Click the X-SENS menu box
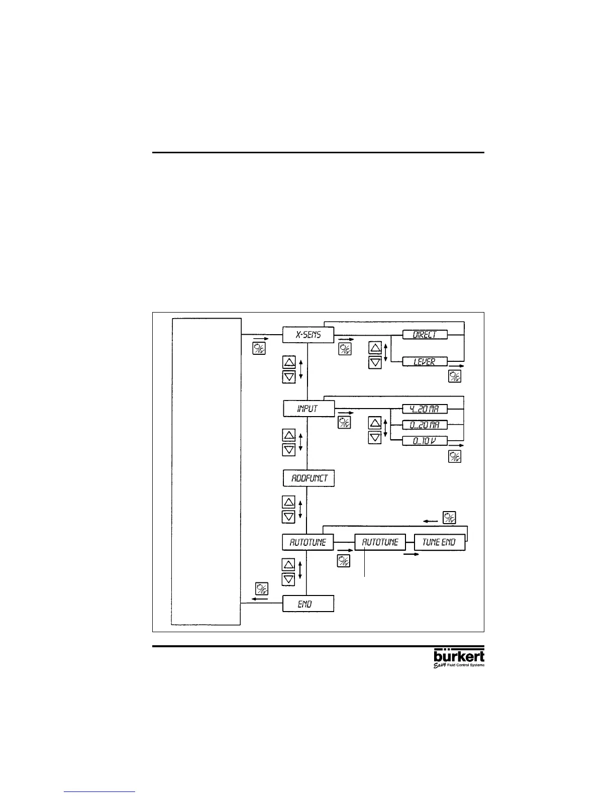click(308, 335)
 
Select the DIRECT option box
click(425, 335)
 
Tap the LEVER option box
click(425, 361)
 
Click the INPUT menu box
click(308, 409)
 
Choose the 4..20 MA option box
click(425, 409)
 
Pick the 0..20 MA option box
click(425, 425)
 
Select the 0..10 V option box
click(425, 441)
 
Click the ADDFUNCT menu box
click(309, 478)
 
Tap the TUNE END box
click(439, 542)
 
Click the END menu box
click(308, 604)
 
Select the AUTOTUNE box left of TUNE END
click(380, 542)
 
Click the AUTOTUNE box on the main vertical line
click(308, 542)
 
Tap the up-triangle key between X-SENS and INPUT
click(289, 363)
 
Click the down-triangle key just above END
click(289, 579)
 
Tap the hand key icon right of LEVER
click(455, 376)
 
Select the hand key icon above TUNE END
click(449, 517)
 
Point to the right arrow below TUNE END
click(411, 555)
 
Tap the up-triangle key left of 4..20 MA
click(375, 423)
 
